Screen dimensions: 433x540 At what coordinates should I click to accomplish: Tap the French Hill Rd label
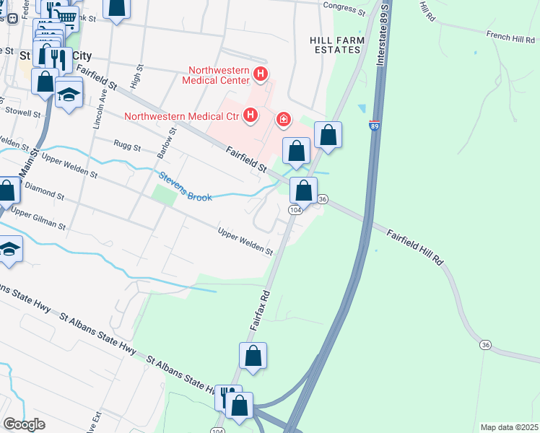pyautogui.click(x=509, y=34)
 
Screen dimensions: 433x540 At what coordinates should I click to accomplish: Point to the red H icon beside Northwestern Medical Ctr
pyautogui.click(x=251, y=115)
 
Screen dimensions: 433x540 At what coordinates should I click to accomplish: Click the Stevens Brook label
pyautogui.click(x=186, y=186)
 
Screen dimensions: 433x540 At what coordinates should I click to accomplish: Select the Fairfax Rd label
pyautogui.click(x=260, y=311)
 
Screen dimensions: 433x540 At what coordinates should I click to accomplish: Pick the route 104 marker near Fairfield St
pyautogui.click(x=295, y=209)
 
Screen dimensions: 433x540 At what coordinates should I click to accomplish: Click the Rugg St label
pyautogui.click(x=127, y=146)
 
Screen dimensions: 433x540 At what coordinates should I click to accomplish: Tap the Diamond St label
pyautogui.click(x=45, y=190)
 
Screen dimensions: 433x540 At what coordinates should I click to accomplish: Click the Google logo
pyautogui.click(x=25, y=424)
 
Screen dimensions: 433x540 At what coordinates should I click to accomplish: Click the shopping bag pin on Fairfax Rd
pyautogui.click(x=253, y=356)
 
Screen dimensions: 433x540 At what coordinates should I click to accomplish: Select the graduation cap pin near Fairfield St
pyautogui.click(x=69, y=94)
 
